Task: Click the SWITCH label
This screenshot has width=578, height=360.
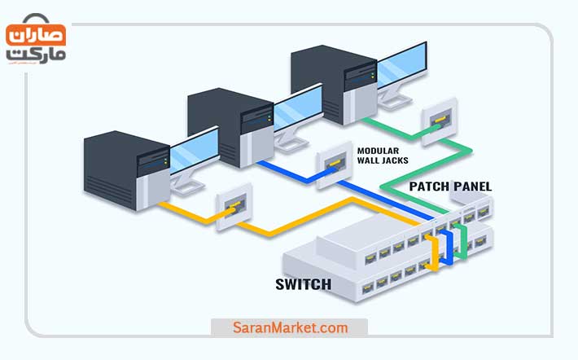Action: point(303,284)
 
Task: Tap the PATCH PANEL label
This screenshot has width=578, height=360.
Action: point(450,187)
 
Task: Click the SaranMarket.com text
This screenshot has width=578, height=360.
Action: point(290,328)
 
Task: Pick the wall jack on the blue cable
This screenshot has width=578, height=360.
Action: point(331,165)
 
